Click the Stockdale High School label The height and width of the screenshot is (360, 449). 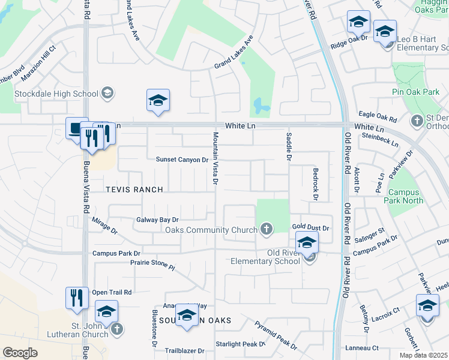point(56,94)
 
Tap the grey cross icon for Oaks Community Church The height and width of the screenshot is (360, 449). point(266,229)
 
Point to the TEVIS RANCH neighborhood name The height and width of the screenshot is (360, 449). point(134,190)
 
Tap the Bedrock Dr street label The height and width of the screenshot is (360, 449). point(315,184)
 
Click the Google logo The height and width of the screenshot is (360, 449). point(20,352)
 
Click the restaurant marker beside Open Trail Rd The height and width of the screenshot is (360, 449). point(76,297)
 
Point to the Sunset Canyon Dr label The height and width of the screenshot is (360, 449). point(181,160)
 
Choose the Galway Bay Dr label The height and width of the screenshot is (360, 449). point(158,220)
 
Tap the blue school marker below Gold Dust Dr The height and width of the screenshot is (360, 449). point(307,242)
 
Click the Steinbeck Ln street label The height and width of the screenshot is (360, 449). point(380,140)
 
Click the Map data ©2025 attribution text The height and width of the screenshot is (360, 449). point(423,355)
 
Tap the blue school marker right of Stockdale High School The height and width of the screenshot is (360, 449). point(158,100)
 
